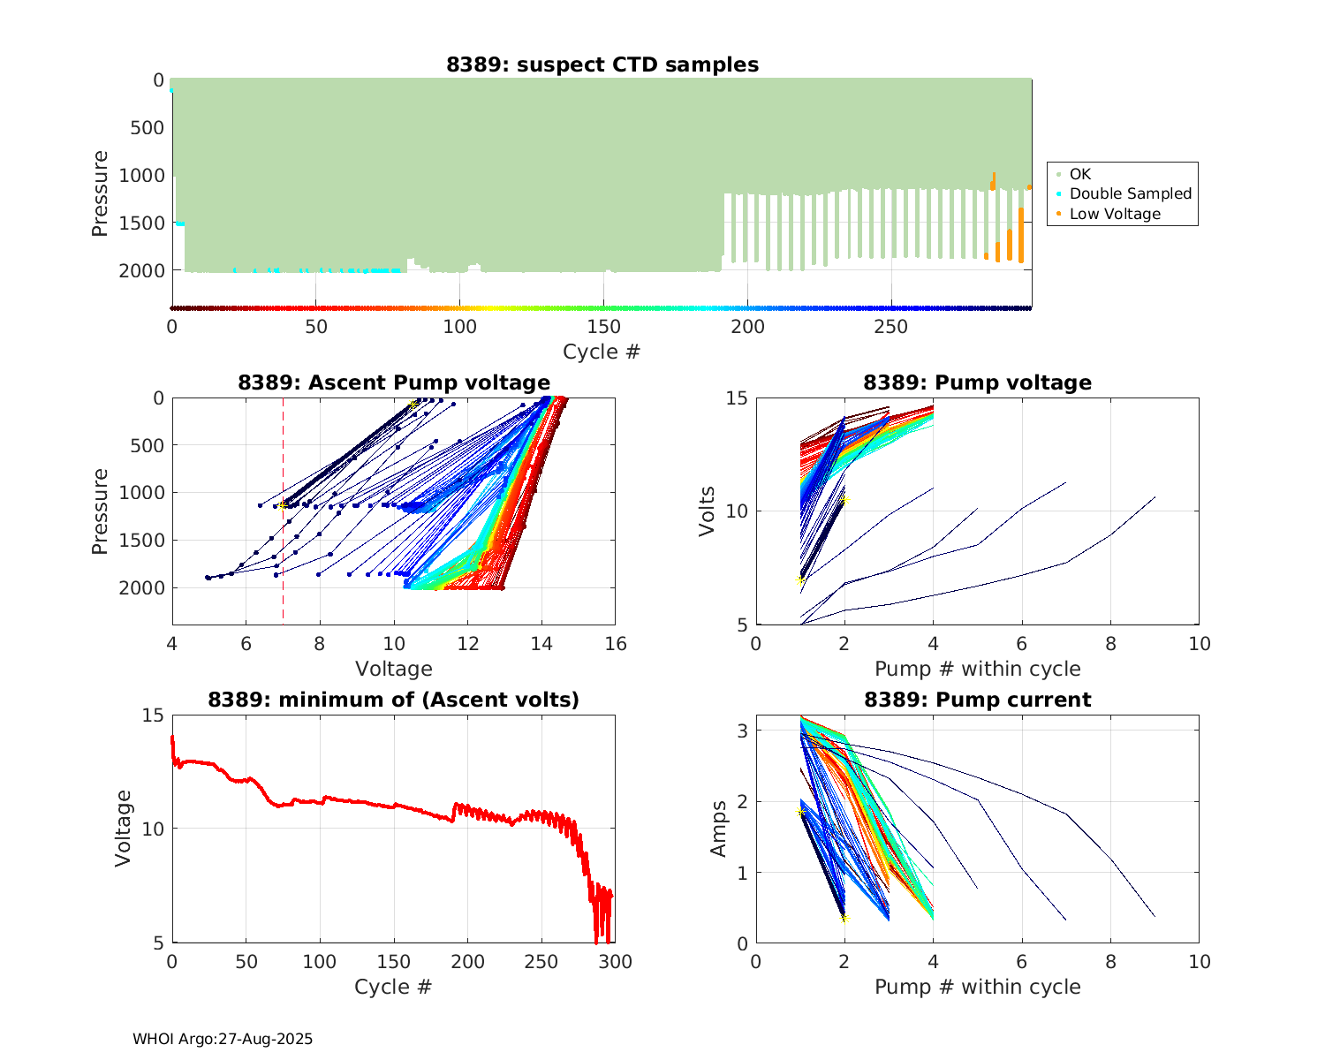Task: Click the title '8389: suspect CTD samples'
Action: click(602, 64)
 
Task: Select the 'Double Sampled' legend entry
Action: click(1130, 193)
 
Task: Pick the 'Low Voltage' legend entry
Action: click(1115, 214)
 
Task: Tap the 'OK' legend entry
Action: click(1080, 174)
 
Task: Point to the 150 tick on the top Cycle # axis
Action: click(603, 327)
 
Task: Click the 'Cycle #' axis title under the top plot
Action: click(602, 352)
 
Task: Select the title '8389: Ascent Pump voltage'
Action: click(394, 382)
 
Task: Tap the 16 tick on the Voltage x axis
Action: click(616, 644)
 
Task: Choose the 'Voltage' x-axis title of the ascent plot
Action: click(394, 669)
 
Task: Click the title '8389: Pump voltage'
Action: click(977, 382)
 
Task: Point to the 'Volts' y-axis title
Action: click(707, 511)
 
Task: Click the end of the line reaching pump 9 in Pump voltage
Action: click(1155, 497)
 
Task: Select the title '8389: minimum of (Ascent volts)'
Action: click(394, 700)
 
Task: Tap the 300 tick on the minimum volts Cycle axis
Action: click(616, 962)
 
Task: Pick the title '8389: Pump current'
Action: click(977, 700)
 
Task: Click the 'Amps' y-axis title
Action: click(719, 829)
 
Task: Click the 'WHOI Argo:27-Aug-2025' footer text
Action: click(223, 1039)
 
